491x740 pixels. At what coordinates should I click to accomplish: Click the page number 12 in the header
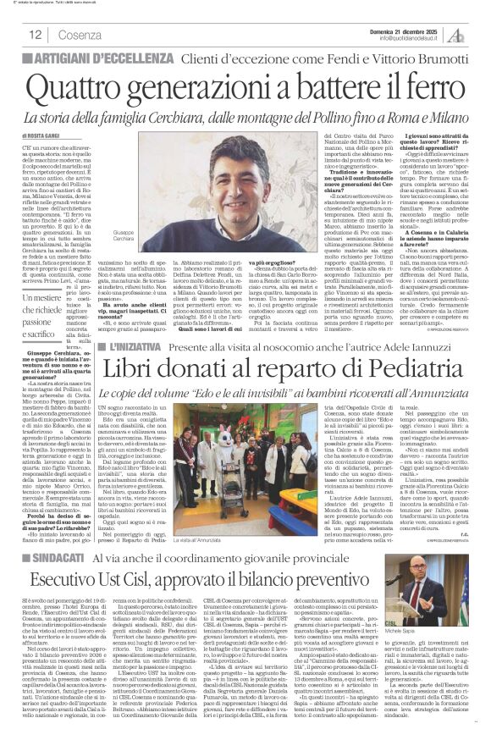[36, 35]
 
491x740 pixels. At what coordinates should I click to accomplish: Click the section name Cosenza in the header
[74, 35]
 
